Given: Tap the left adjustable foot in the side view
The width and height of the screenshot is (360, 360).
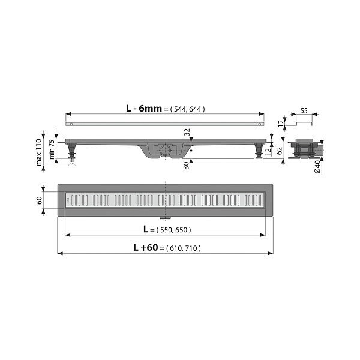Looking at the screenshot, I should (x=73, y=151).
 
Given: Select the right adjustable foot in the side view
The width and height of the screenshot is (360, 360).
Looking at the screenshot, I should (x=259, y=151).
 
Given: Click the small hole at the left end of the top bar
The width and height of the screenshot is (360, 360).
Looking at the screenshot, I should (x=71, y=124).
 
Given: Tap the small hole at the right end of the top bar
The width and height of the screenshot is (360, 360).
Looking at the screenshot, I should (x=259, y=124).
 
